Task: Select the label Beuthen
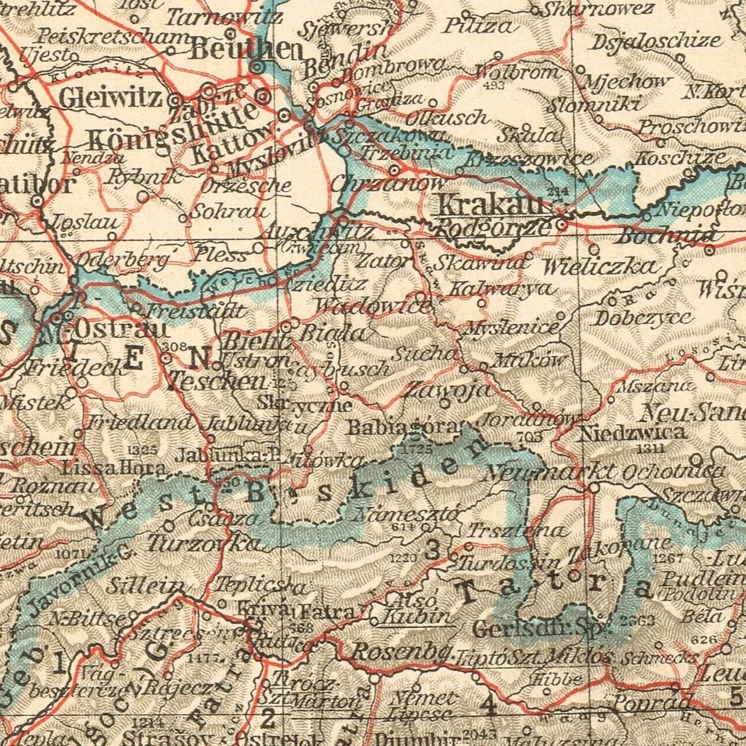(x=246, y=50)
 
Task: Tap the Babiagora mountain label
(x=403, y=427)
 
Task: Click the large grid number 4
(x=488, y=706)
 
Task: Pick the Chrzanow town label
(x=387, y=184)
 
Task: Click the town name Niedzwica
(x=632, y=432)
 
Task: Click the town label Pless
(x=222, y=253)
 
